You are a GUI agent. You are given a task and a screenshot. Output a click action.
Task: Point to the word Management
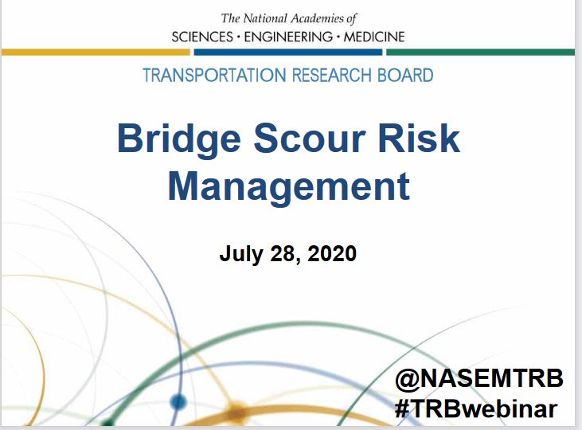tap(289, 187)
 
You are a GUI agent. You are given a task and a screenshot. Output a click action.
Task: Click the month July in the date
tap(241, 254)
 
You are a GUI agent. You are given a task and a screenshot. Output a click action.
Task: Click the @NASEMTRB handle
tap(479, 379)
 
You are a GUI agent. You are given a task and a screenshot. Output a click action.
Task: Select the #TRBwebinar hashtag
tap(476, 408)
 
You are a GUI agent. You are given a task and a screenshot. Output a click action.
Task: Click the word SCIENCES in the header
tap(202, 37)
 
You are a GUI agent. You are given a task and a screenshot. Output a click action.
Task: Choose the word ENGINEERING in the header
tap(288, 37)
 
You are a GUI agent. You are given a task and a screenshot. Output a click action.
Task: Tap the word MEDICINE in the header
tap(374, 37)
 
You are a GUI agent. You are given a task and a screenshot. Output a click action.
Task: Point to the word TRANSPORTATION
tap(215, 76)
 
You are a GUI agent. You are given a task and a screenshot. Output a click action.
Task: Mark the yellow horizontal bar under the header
tap(96, 53)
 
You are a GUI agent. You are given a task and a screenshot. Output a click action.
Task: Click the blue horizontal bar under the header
tap(288, 53)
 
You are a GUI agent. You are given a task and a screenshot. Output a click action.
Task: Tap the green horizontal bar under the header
tap(481, 53)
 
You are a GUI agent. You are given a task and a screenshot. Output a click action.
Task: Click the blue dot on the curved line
tap(178, 402)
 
